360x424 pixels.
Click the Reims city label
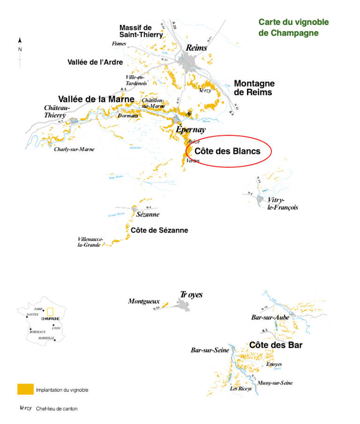coord(196,48)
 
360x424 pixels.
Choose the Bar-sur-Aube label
coord(270,318)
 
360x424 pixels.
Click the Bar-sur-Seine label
coord(210,350)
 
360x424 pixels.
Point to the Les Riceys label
coord(240,388)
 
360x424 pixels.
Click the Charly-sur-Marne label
coord(74,149)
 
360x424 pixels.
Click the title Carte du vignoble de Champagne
coord(293,28)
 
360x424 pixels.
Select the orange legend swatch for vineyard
coord(25,389)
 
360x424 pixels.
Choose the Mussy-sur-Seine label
coord(275,383)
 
